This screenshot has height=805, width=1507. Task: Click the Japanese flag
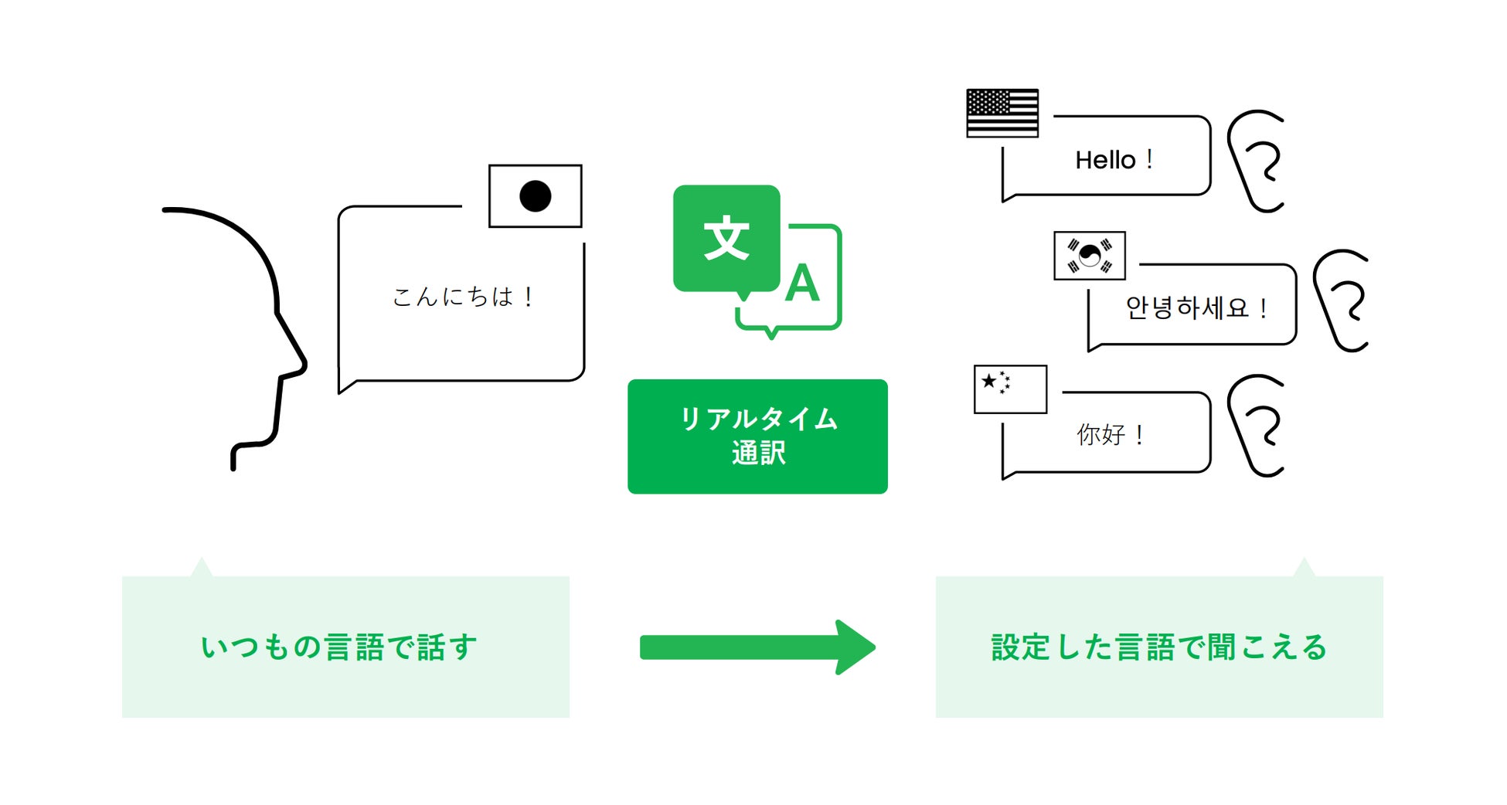pyautogui.click(x=535, y=196)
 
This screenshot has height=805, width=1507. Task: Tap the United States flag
pyautogui.click(x=1002, y=114)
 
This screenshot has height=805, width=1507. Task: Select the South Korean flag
pyautogui.click(x=1090, y=256)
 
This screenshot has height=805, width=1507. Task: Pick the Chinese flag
pyautogui.click(x=1010, y=389)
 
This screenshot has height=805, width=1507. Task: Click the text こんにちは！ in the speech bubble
pyautogui.click(x=462, y=297)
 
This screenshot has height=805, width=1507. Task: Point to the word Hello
pyautogui.click(x=1105, y=161)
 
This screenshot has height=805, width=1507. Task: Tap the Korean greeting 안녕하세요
pyautogui.click(x=1186, y=308)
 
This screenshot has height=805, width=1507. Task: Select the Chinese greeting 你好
pyautogui.click(x=1100, y=435)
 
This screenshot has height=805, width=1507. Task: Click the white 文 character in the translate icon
pyautogui.click(x=726, y=238)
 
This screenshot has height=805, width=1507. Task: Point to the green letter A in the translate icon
pyautogui.click(x=802, y=284)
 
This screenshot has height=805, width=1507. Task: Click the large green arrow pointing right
pyautogui.click(x=757, y=647)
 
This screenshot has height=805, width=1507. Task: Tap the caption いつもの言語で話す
pyautogui.click(x=339, y=647)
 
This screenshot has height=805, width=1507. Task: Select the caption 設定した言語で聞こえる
pyautogui.click(x=1158, y=647)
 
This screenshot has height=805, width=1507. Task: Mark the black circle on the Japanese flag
pyautogui.click(x=535, y=196)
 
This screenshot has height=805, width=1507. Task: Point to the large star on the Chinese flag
pyautogui.click(x=988, y=381)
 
